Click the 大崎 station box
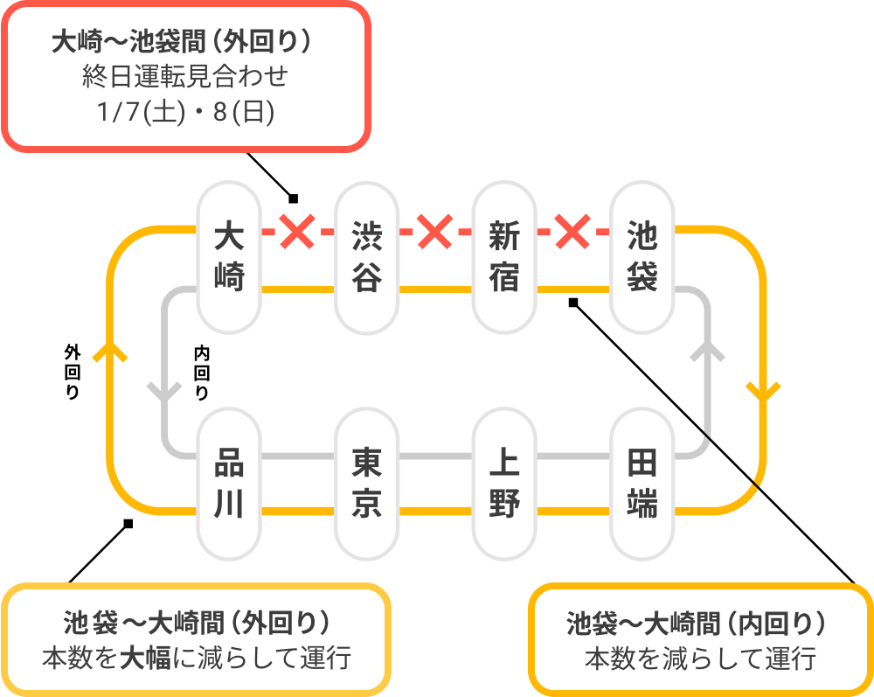click(x=229, y=256)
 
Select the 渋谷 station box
click(x=367, y=256)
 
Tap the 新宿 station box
click(x=504, y=256)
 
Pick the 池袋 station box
click(x=642, y=256)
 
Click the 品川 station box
click(x=229, y=484)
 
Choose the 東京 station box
click(x=367, y=484)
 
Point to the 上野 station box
click(x=504, y=484)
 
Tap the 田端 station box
click(x=642, y=484)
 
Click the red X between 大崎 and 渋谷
click(x=297, y=232)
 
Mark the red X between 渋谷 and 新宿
click(x=434, y=232)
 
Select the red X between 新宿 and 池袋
click(x=572, y=232)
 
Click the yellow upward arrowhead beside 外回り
click(x=110, y=351)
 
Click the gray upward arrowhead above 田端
click(x=708, y=352)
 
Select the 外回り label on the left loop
click(x=73, y=372)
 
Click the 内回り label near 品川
click(x=202, y=372)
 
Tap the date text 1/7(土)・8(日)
click(x=187, y=113)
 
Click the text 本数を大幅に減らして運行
click(x=197, y=657)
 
